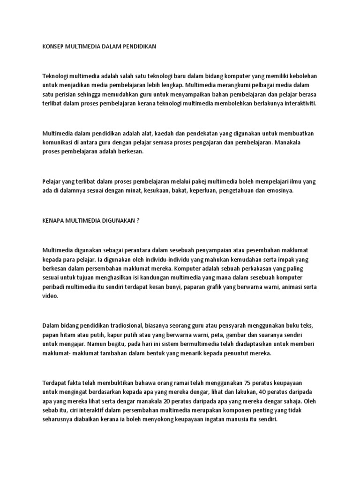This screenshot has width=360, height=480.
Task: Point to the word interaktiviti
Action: click(x=298, y=105)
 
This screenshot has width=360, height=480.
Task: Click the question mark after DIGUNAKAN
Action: click(x=138, y=219)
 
